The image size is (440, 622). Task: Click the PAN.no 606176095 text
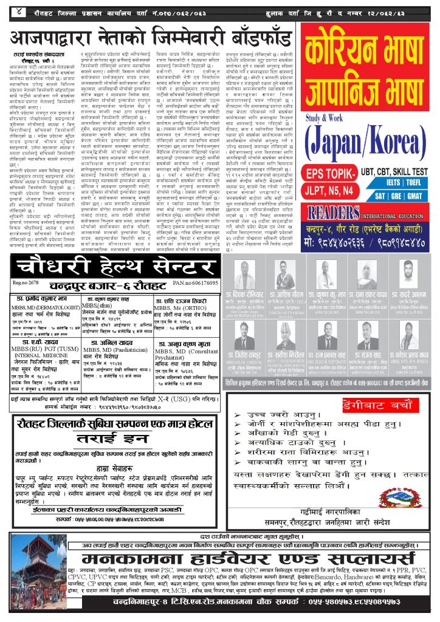pos(194,284)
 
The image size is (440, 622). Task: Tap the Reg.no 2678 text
pos(27,284)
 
